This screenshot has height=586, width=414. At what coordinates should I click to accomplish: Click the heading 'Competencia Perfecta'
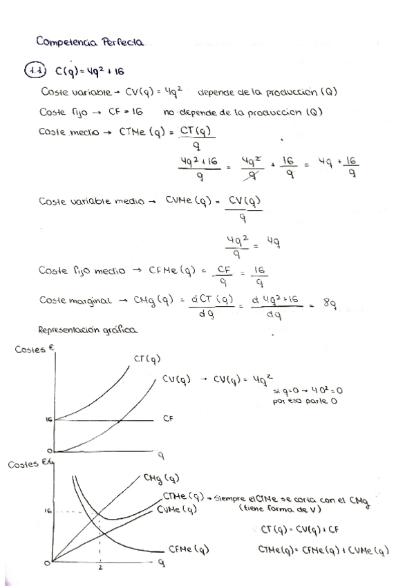click(x=90, y=41)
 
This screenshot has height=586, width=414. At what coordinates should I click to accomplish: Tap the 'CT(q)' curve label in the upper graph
click(x=147, y=358)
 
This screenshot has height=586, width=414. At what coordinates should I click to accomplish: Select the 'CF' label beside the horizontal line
click(x=168, y=418)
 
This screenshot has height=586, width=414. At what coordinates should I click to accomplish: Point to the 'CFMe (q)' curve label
click(x=189, y=549)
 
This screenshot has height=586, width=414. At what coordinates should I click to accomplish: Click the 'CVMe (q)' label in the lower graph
click(x=178, y=509)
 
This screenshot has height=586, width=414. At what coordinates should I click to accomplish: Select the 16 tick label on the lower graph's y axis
click(x=48, y=511)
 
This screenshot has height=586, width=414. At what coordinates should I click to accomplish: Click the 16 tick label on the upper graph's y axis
click(x=50, y=419)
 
